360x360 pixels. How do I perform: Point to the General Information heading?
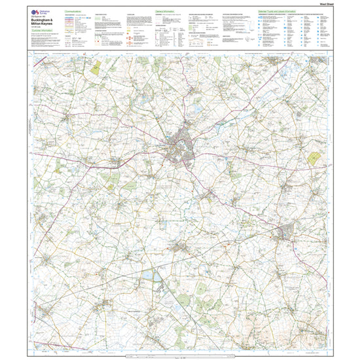coord(169,12)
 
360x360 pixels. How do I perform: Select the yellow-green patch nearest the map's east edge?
coord(315,158)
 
